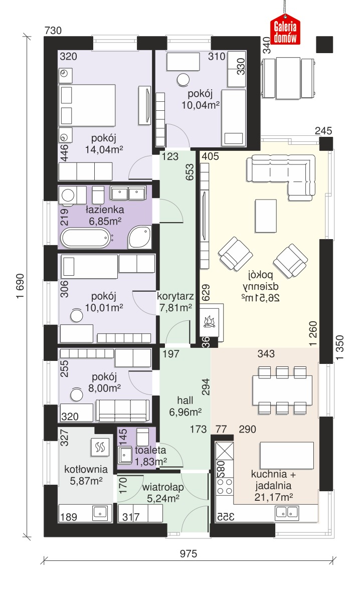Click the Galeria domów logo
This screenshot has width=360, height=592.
(285, 29)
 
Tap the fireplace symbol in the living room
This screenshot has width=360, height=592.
(210, 320)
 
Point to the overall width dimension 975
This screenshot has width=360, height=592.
(189, 553)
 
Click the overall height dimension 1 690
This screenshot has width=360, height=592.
(21, 286)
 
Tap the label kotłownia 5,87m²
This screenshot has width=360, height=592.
(86, 475)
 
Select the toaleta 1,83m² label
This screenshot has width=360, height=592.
(151, 455)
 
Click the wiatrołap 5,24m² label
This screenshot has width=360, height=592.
(163, 493)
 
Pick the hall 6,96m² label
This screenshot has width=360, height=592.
(185, 406)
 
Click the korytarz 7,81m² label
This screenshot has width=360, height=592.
(175, 302)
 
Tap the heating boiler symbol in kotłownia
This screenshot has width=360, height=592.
(100, 448)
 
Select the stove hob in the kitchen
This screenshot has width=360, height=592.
(225, 486)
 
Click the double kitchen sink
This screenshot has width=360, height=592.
(287, 512)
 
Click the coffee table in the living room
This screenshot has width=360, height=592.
(266, 216)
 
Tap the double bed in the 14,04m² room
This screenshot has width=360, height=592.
(87, 105)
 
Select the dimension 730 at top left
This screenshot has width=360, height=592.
(53, 30)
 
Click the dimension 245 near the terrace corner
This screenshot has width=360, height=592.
(323, 131)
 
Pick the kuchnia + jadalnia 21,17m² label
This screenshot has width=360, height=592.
(273, 486)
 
